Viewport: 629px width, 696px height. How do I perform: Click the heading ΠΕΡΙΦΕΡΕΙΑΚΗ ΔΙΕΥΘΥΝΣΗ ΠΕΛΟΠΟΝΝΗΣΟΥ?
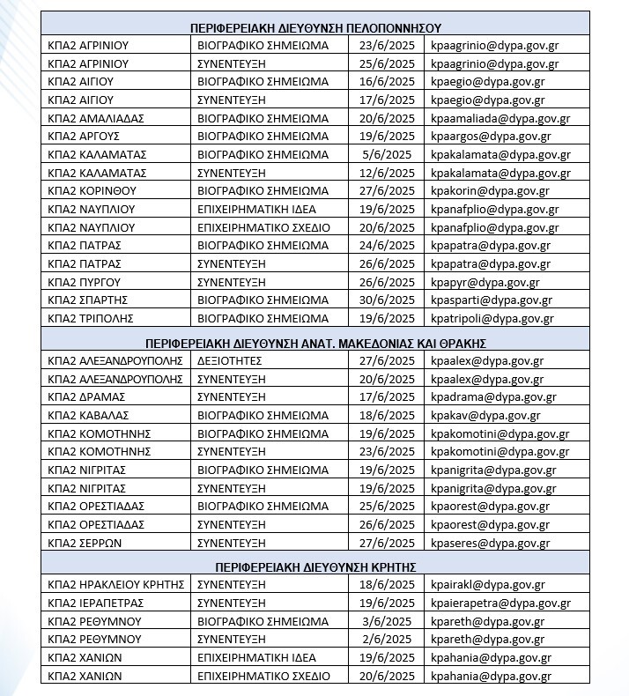point(315,27)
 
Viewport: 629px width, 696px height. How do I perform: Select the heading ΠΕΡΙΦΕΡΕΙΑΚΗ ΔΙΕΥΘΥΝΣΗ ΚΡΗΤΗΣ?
point(315,566)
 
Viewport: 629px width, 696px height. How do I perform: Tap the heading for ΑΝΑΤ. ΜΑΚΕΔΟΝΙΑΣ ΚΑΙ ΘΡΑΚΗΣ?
point(315,343)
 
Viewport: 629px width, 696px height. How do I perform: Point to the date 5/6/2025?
point(387,154)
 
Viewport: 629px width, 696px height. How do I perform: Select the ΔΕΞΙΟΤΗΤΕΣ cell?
point(229,361)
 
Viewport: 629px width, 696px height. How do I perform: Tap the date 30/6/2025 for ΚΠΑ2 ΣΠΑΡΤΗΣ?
point(387,300)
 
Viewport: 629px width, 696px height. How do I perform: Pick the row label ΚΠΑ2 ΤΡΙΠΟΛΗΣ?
point(92,319)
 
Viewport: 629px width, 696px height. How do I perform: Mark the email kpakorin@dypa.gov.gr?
point(490,191)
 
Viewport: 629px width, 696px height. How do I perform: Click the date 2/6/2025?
point(387,640)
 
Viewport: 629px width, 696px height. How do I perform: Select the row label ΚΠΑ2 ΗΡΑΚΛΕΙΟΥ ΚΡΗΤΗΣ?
point(115,585)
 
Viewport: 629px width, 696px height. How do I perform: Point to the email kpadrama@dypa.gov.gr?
point(494,397)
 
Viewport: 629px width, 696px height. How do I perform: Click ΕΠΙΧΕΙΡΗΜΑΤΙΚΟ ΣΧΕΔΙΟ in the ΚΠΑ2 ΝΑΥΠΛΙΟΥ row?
point(263,227)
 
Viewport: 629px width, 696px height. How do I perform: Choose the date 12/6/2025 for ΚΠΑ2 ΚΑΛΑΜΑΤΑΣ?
point(387,173)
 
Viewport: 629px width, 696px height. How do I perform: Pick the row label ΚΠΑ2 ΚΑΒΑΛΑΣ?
point(89,416)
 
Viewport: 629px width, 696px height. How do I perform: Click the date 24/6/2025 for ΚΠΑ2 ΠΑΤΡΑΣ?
point(387,246)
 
